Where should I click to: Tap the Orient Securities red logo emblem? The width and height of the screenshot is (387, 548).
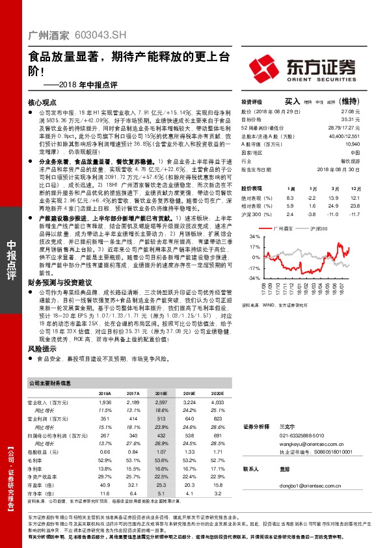pyautogui.click(x=267, y=67)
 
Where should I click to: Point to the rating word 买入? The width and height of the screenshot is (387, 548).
pyautogui.click(x=292, y=102)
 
